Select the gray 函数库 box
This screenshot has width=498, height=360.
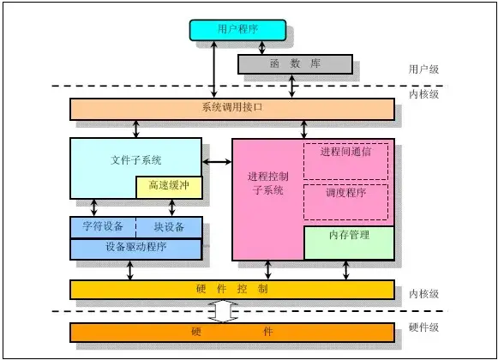[x=294, y=63]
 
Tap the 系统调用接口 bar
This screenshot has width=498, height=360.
[x=232, y=109]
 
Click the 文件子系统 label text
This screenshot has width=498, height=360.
[x=136, y=159]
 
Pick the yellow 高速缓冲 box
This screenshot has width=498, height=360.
[x=169, y=187]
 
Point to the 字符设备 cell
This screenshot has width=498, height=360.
[x=102, y=227]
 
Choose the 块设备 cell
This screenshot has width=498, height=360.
[x=169, y=227]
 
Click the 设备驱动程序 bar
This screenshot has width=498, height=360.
[x=135, y=248]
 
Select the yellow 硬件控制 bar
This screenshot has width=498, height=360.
[x=232, y=290]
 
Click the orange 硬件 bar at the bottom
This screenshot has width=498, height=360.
[x=232, y=331]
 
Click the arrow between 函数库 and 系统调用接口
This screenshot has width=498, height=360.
[x=294, y=86]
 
